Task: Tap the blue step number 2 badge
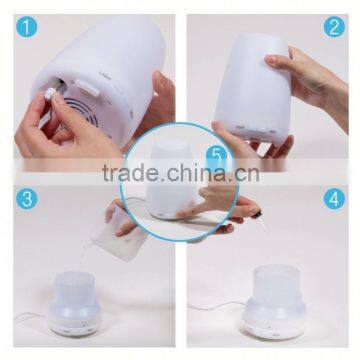335,28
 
